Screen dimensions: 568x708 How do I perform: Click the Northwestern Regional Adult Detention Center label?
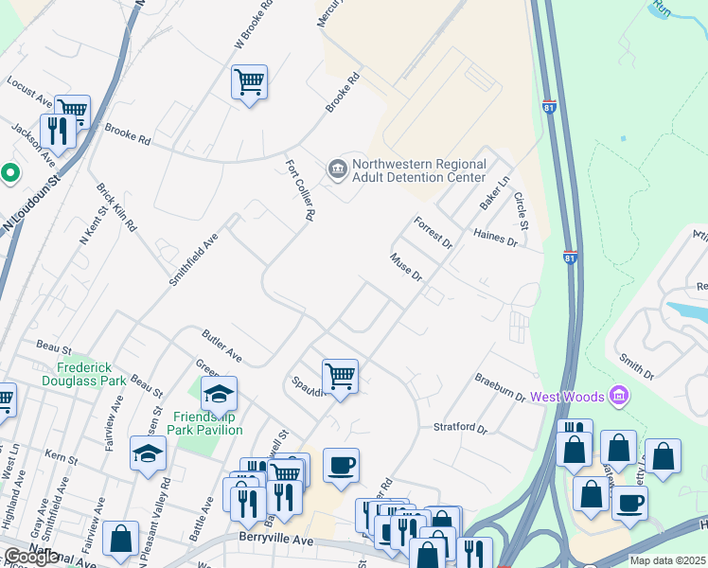click(418, 170)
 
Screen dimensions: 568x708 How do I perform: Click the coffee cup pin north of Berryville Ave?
click(341, 465)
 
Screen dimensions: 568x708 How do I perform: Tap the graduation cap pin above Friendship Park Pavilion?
click(219, 393)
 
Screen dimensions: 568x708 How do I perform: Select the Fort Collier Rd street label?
click(300, 189)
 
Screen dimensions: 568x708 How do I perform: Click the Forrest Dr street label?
click(434, 233)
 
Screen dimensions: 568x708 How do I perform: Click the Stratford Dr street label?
click(459, 429)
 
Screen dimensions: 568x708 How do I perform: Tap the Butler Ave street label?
click(221, 346)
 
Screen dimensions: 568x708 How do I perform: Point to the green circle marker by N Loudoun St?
click(9, 173)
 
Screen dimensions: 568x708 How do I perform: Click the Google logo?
click(31, 556)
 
